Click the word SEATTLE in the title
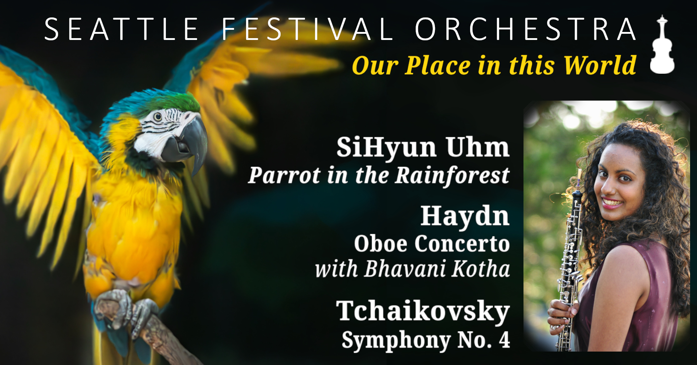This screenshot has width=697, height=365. [122, 29]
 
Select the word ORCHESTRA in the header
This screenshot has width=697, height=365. [525, 29]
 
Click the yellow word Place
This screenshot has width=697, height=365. [437, 65]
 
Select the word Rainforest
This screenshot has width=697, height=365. [452, 175]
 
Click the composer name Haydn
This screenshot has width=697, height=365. [465, 216]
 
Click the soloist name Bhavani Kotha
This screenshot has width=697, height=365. [437, 269]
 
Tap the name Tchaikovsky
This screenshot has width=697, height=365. [423, 312]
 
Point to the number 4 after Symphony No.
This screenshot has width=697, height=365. [504, 340]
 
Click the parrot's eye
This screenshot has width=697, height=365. [158, 117]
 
